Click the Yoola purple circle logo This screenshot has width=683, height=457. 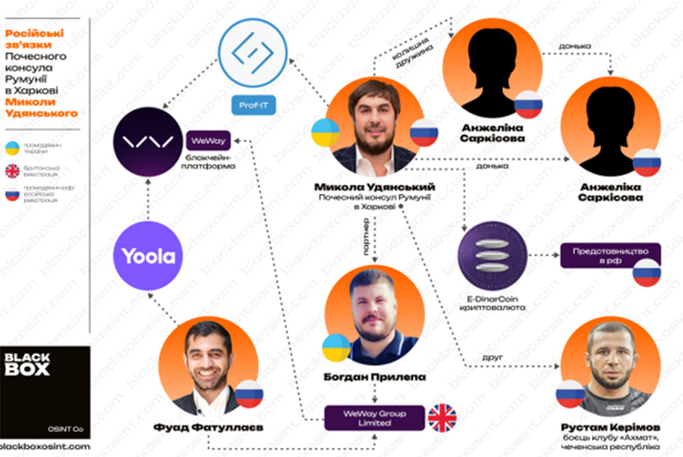[149, 256]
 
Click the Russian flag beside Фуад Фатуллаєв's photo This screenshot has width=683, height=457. [248, 393]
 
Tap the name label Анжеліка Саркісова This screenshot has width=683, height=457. [611, 191]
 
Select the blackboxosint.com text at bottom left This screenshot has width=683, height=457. [46, 447]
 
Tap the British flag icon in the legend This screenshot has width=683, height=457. [13, 170]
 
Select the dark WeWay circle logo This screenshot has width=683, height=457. [149, 141]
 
